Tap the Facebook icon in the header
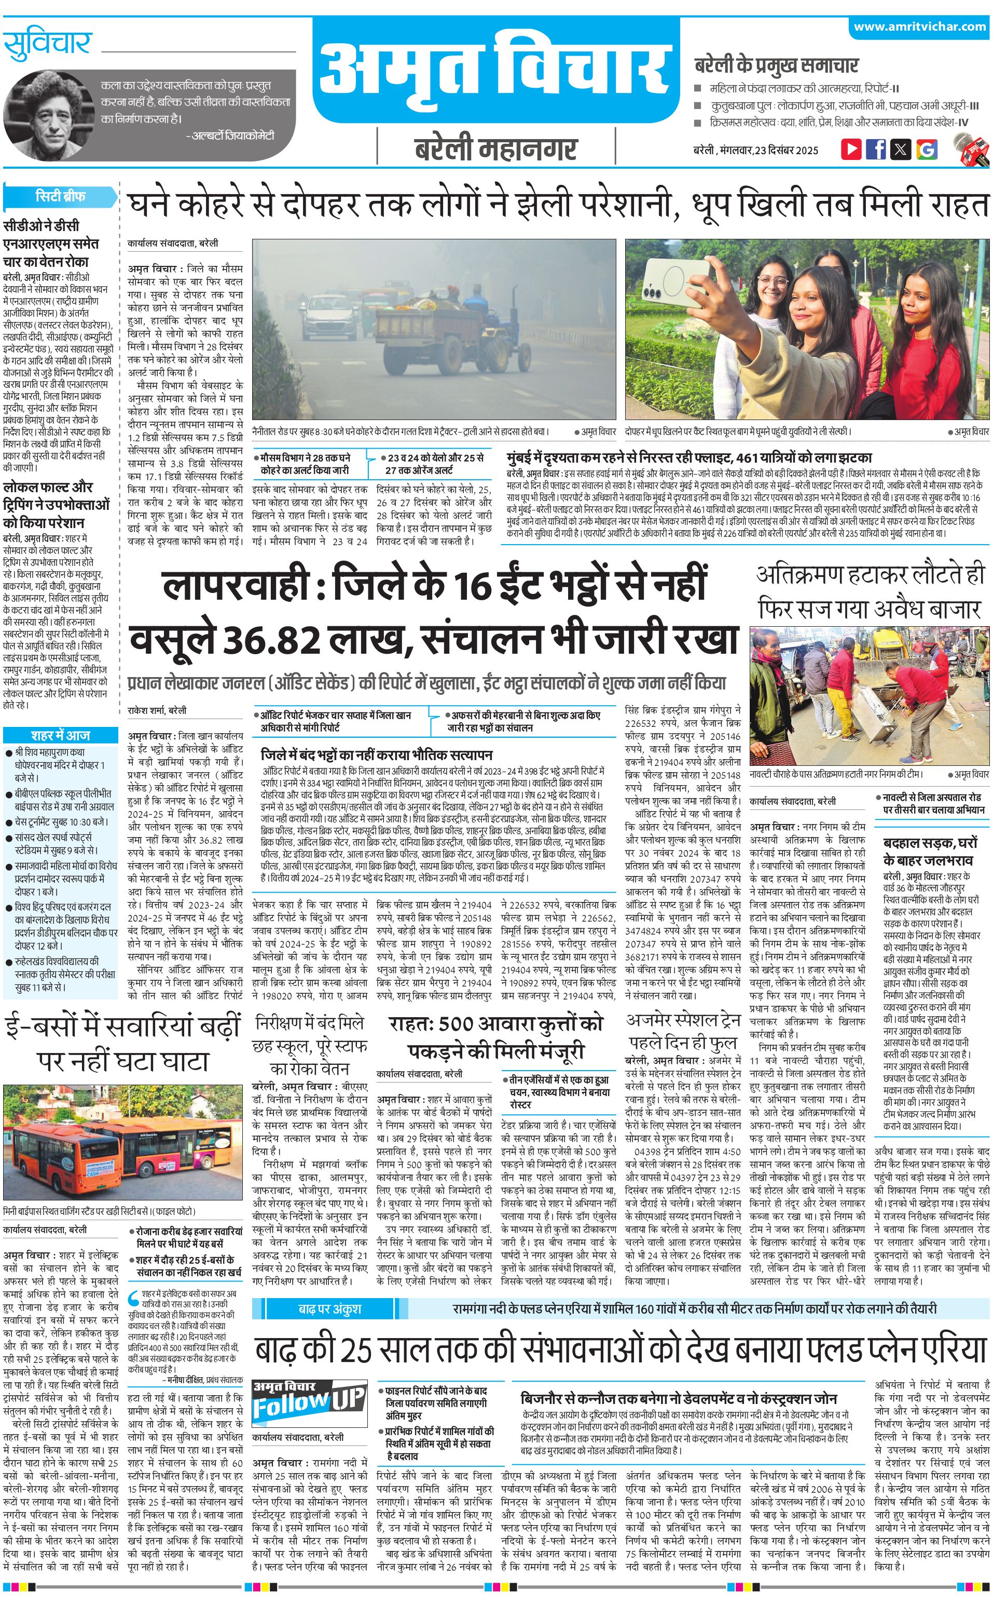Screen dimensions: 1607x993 tap(875, 148)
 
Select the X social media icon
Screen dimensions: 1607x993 tap(901, 148)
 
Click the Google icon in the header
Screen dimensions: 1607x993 tap(926, 148)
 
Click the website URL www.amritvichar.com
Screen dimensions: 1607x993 tap(919, 27)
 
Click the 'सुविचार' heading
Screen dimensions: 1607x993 tap(47, 45)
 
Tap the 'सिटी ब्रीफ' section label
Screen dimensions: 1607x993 tap(60, 196)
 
